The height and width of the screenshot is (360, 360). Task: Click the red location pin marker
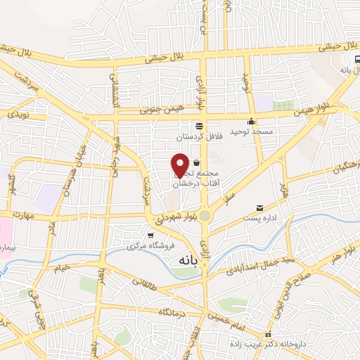(x=180, y=164)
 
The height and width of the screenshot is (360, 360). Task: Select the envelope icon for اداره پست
(x=260, y=208)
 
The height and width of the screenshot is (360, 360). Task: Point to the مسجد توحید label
(x=260, y=131)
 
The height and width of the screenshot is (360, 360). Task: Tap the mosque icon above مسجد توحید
(x=252, y=121)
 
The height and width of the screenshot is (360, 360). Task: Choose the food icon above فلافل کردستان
(x=200, y=124)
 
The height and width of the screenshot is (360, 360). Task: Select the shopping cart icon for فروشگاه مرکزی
(x=150, y=235)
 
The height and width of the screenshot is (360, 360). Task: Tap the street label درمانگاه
(x=171, y=311)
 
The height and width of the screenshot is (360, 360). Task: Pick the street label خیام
(x=63, y=267)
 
